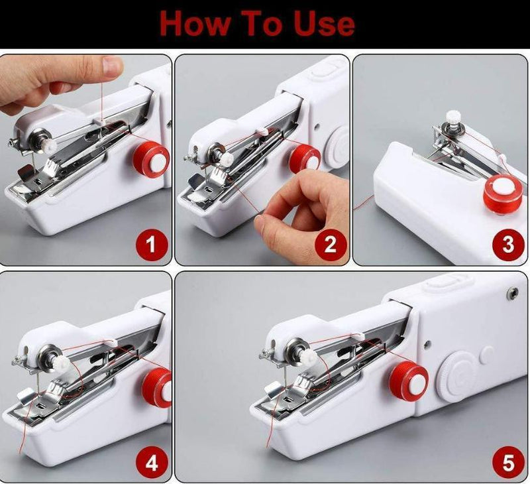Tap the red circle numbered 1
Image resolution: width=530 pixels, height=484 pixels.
coord(150,246)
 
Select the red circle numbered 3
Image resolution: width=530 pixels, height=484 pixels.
coord(508,245)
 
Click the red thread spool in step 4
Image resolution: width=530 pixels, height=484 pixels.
coord(157,388)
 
